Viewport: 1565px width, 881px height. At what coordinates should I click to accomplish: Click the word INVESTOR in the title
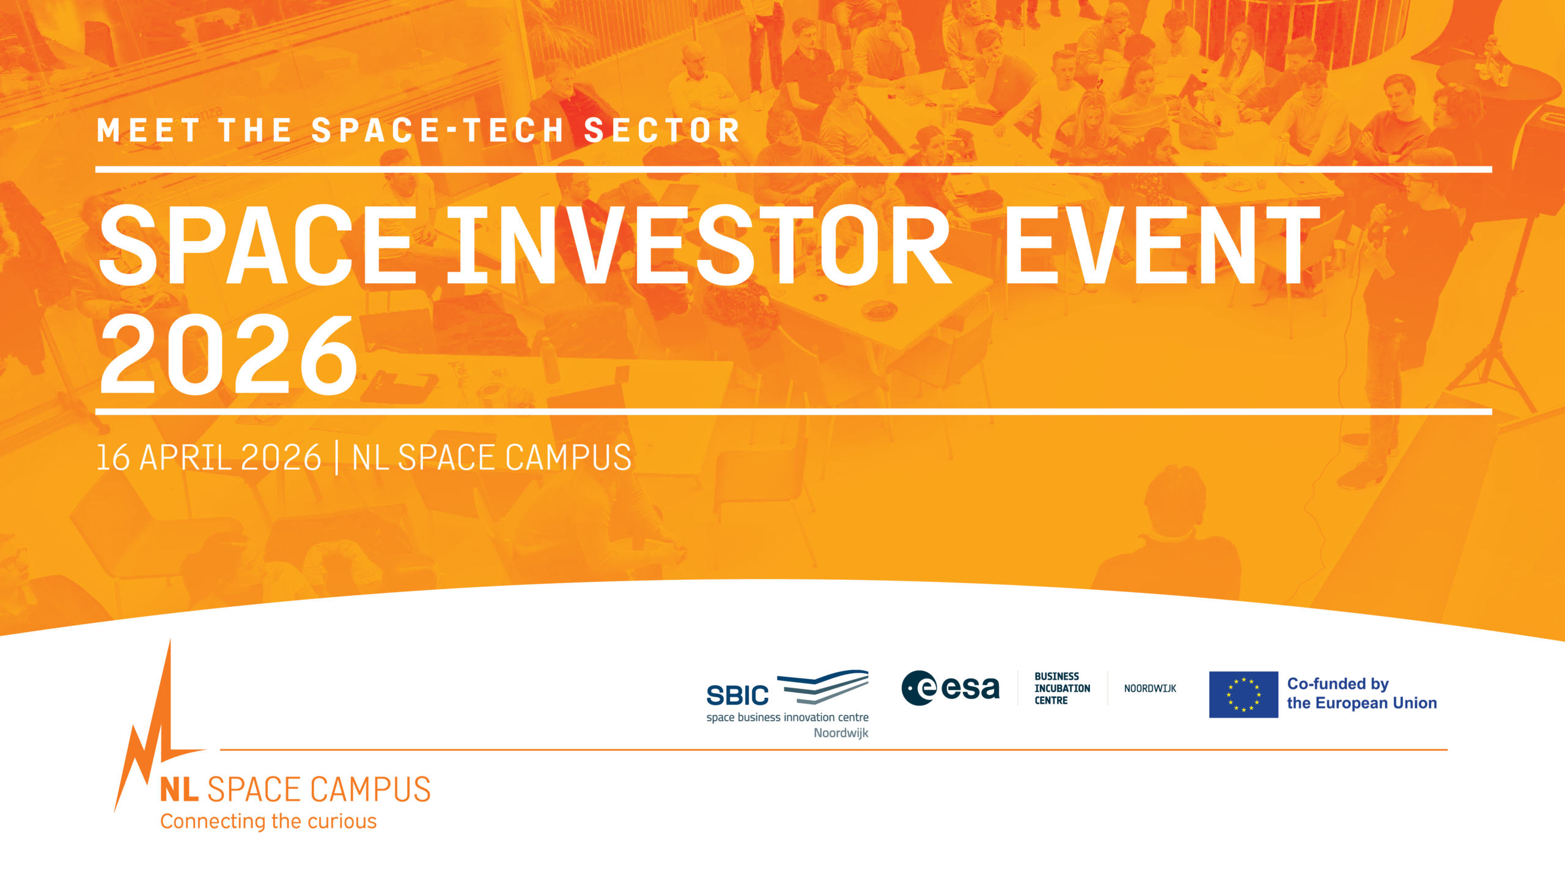[x=699, y=245]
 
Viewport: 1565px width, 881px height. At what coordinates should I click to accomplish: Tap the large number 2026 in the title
[x=228, y=354]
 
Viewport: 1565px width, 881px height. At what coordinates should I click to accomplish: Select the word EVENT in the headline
[x=1162, y=245]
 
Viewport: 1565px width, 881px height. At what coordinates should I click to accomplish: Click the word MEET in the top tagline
[x=149, y=130]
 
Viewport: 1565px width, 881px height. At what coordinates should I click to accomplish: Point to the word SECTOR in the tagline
[x=662, y=130]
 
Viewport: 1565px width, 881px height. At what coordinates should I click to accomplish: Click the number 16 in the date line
[x=114, y=458]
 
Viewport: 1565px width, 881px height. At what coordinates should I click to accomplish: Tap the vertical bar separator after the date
[x=337, y=458]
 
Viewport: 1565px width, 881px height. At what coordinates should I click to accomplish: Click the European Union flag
[x=1243, y=694]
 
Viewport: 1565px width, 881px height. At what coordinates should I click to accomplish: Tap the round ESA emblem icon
[x=919, y=688]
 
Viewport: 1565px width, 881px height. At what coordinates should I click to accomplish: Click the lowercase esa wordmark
[x=971, y=689]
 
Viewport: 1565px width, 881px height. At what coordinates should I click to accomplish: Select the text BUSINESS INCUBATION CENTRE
[x=1062, y=688]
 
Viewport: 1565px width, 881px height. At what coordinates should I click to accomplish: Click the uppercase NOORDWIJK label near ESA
[x=1150, y=688]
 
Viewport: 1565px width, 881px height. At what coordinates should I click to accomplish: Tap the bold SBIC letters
[x=737, y=696]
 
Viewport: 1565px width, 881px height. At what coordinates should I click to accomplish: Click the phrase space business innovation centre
[x=787, y=717]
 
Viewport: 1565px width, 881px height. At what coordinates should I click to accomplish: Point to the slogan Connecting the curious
[x=268, y=821]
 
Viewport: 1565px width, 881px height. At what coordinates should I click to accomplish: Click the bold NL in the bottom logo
[x=179, y=789]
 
